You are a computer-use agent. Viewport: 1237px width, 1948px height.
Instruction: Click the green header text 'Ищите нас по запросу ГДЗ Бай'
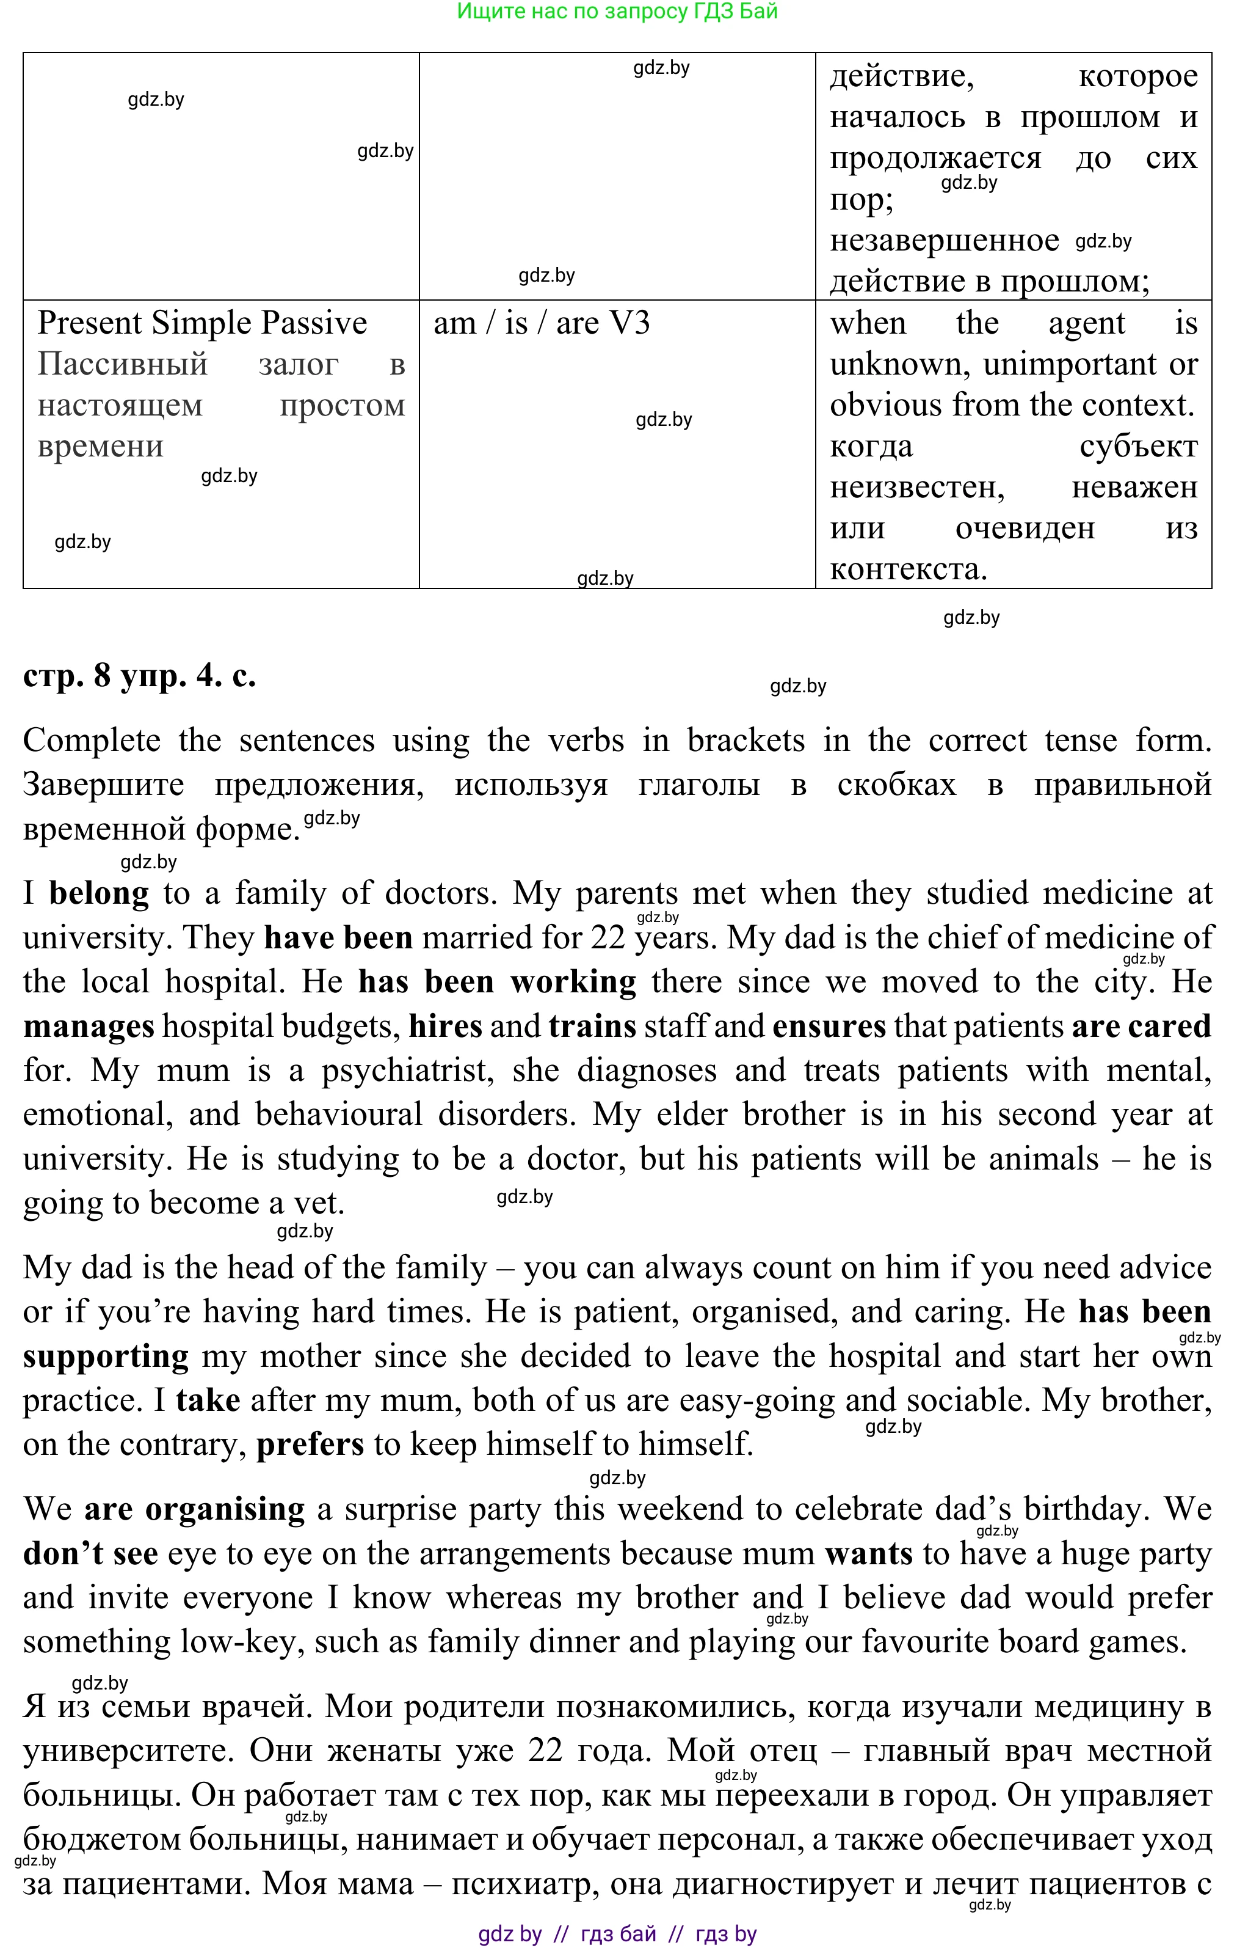pos(617,12)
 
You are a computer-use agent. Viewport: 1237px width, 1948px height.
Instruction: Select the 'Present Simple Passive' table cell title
pos(202,323)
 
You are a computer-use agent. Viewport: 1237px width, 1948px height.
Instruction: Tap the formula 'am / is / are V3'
pos(541,323)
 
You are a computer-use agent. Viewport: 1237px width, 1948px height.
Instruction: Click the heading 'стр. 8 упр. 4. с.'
pos(139,675)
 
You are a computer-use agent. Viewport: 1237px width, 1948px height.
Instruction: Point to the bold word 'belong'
pos(99,893)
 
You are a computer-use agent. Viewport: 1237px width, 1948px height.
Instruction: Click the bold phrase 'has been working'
pos(496,981)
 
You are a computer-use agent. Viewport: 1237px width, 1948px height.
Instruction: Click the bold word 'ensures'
pos(829,1026)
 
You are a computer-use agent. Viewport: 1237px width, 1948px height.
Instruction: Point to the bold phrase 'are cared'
pos(1141,1026)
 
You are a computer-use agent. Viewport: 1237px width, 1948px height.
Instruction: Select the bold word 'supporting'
pos(106,1357)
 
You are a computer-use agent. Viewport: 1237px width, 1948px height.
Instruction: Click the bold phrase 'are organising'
pos(194,1509)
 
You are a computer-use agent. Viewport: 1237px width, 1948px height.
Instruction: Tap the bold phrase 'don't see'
pos(90,1554)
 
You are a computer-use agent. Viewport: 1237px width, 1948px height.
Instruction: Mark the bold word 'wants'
pos(868,1554)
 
